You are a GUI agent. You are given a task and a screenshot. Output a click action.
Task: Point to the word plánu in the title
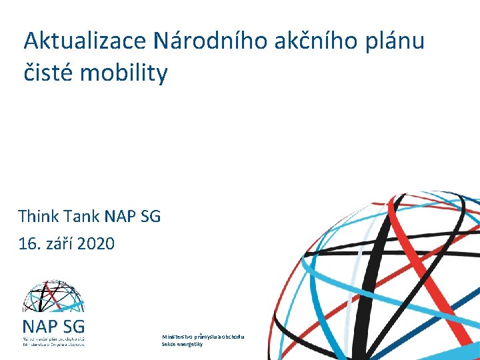[393, 41]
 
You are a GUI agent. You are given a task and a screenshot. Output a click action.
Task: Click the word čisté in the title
[48, 73]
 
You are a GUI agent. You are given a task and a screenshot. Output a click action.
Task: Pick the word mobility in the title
[123, 73]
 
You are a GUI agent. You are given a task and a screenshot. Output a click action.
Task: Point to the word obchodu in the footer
[233, 337]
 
